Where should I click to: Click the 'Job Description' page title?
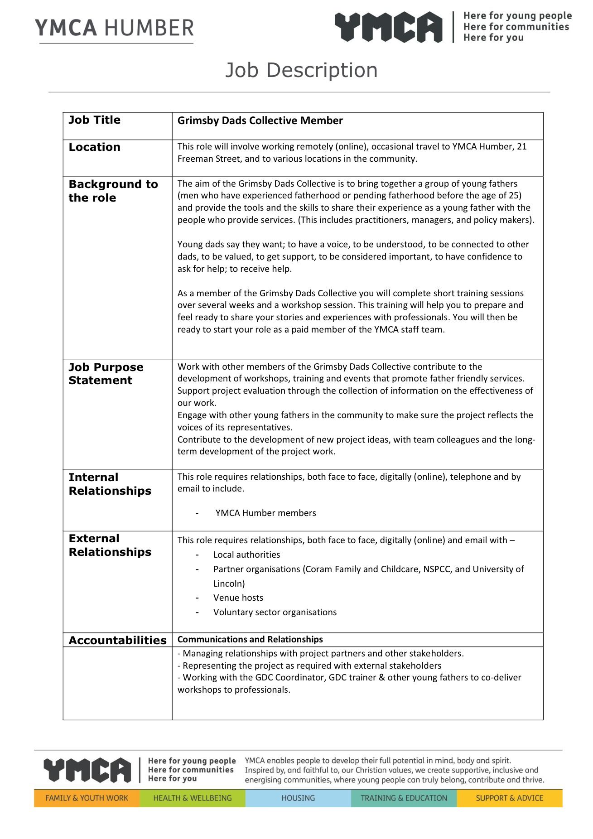301,70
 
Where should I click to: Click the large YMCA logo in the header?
389,27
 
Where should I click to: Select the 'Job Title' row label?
94,120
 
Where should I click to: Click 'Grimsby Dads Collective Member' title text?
260,121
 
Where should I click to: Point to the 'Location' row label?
94,147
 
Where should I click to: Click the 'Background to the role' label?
113,191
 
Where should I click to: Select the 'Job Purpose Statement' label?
106,374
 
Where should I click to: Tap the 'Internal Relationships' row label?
110,484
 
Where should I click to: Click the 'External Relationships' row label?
110,545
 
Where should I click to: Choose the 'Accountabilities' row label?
117,640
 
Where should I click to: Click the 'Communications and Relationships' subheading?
250,639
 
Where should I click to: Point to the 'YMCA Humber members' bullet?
265,513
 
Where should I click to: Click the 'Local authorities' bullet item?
246,555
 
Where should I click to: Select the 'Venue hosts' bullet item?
238,598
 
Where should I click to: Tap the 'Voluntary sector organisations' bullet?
275,612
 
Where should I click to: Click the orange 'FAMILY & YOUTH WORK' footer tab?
87,798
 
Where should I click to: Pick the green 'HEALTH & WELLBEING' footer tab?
193,798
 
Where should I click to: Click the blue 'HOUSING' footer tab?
298,798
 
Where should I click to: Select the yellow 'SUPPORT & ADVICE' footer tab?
509,798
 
